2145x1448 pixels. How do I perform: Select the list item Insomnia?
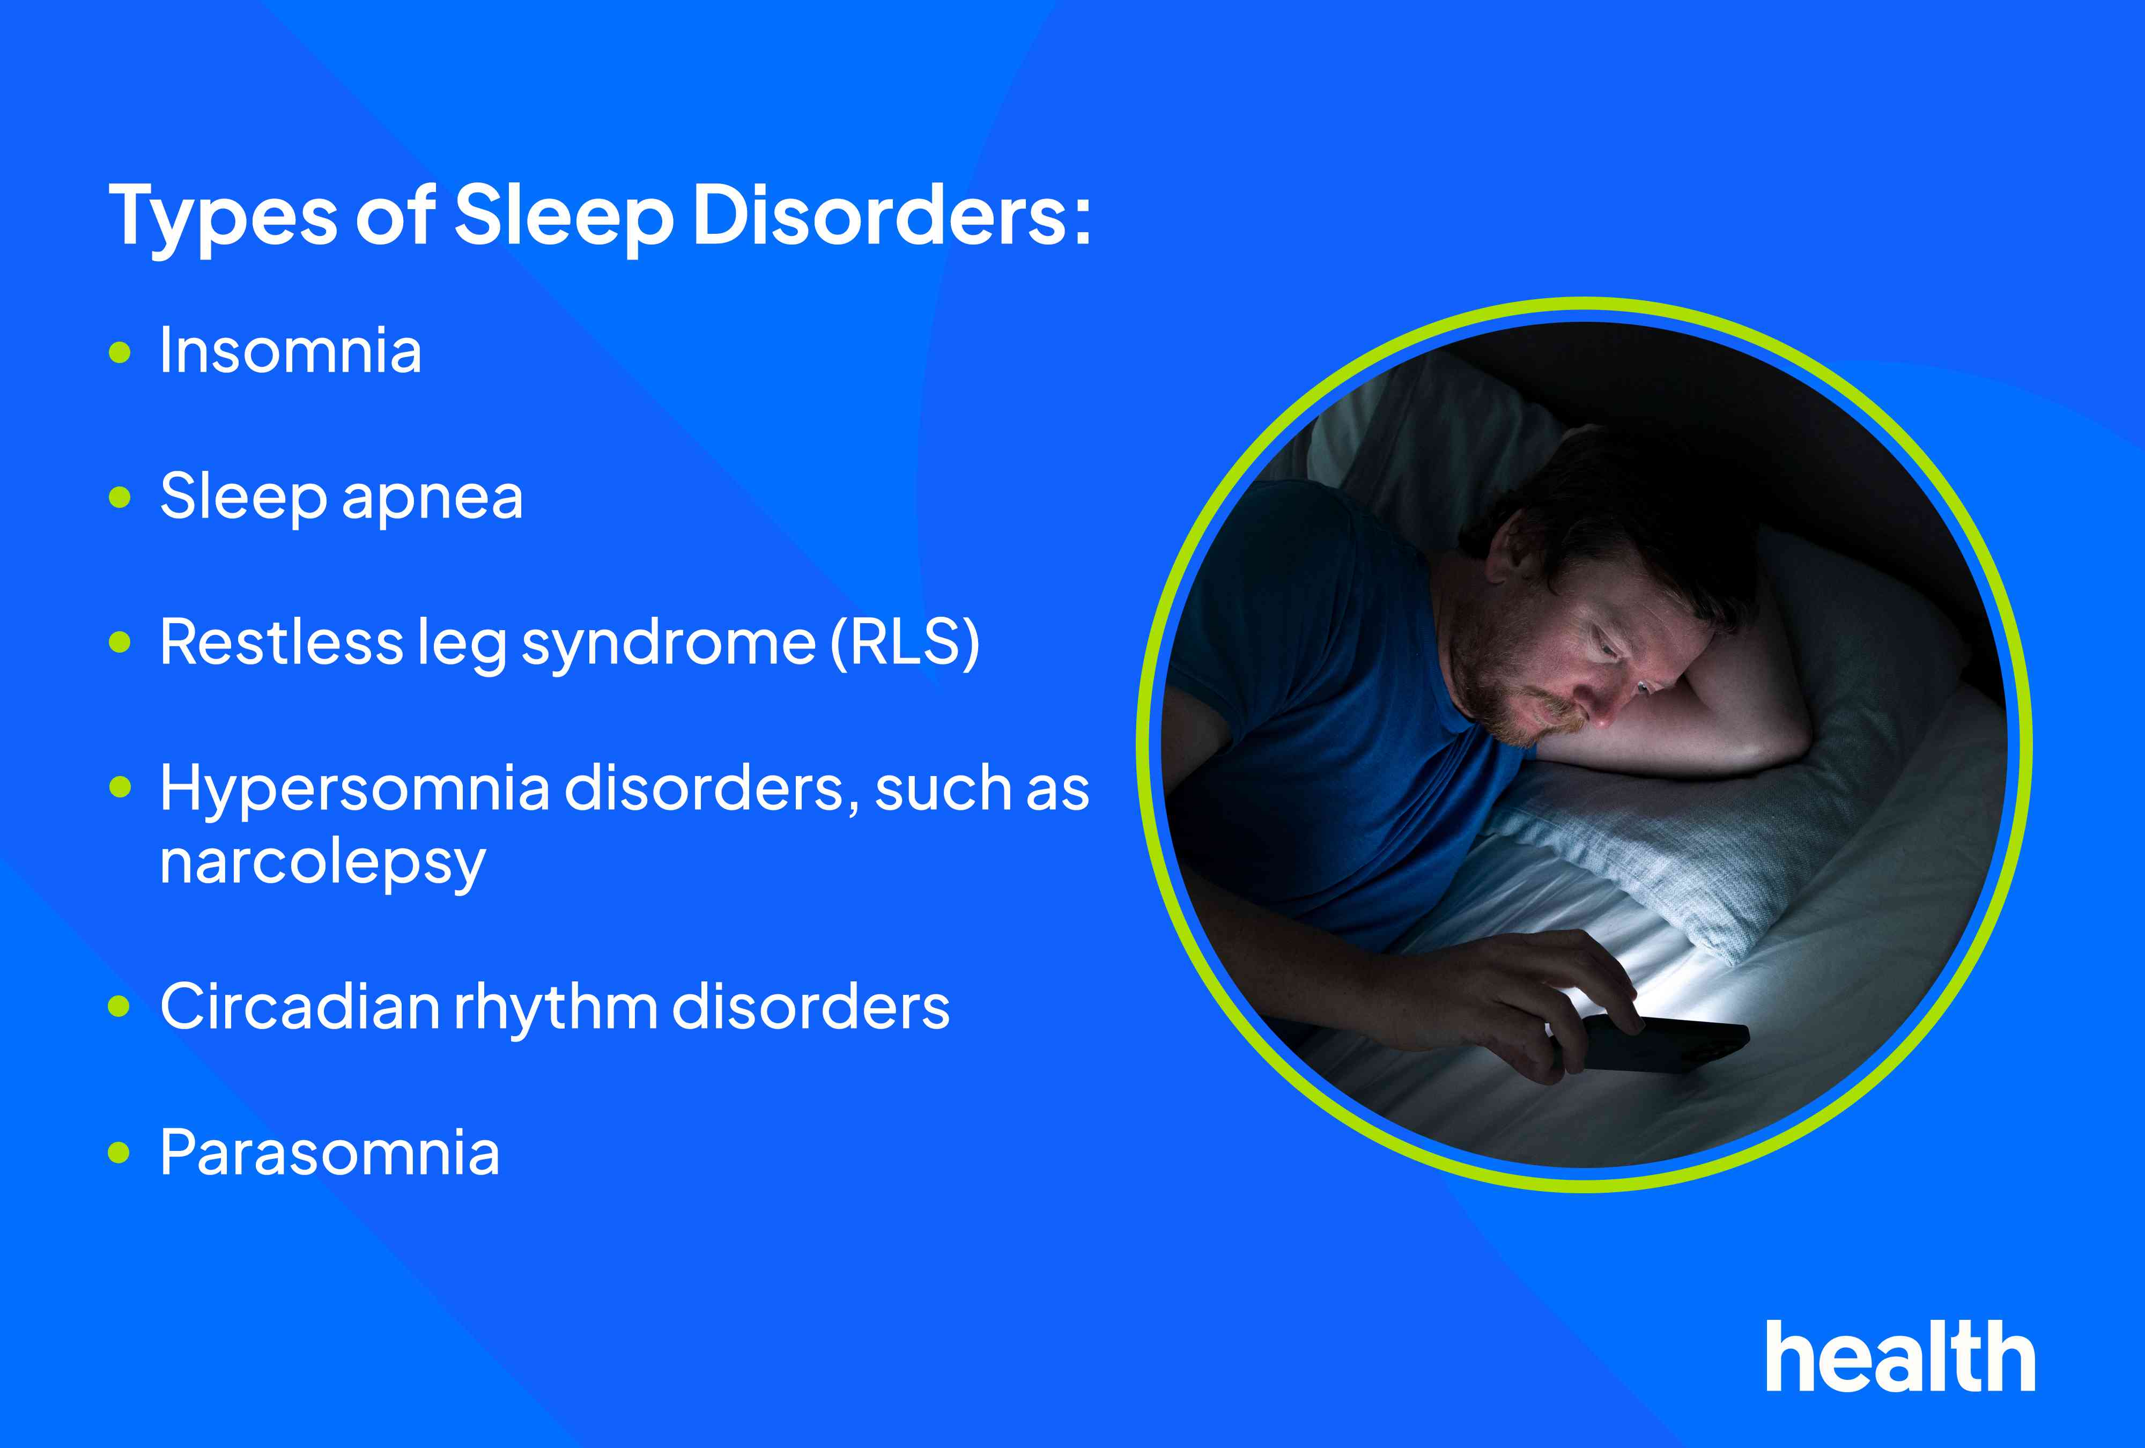click(x=290, y=352)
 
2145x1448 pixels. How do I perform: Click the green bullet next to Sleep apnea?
click(x=120, y=498)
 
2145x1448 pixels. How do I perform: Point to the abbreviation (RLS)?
click(x=905, y=642)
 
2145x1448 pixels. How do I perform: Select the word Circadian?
click(x=299, y=1007)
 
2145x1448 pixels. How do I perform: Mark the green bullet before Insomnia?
click(x=120, y=352)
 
